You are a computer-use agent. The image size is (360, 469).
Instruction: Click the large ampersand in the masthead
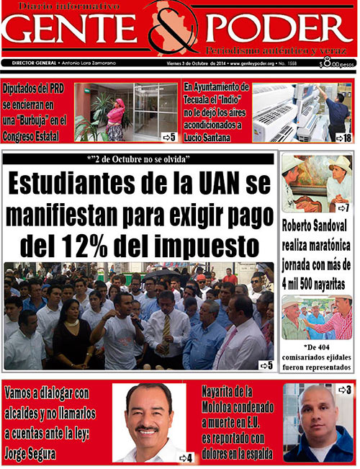click(179, 32)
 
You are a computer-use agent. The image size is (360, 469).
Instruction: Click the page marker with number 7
click(343, 207)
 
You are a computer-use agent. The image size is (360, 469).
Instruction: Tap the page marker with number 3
click(344, 390)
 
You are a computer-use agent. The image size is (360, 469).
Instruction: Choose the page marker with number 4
click(185, 457)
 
